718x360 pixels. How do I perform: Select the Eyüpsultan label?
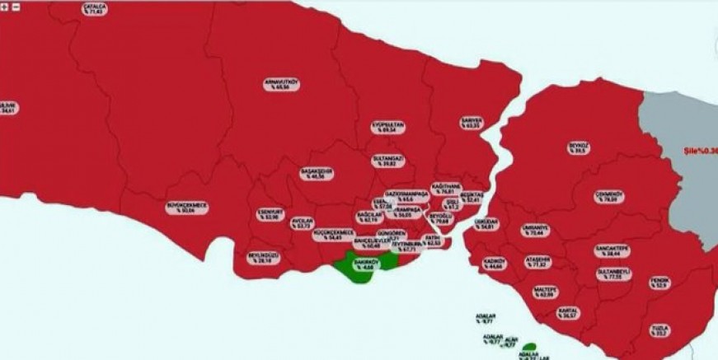[x=388, y=127]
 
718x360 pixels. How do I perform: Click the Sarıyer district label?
[x=472, y=123]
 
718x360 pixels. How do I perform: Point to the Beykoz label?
[x=579, y=148]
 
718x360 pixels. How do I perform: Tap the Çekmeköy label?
[x=610, y=196]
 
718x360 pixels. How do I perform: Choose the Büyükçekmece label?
[x=187, y=208]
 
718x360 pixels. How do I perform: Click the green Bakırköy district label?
[x=364, y=263]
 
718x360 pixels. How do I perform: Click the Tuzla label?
[x=659, y=330]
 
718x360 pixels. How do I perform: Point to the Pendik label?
[x=659, y=283]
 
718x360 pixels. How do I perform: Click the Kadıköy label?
[x=495, y=264]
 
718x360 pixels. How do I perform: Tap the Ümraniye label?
[x=534, y=231]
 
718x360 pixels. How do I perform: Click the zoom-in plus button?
[x=5, y=5]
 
